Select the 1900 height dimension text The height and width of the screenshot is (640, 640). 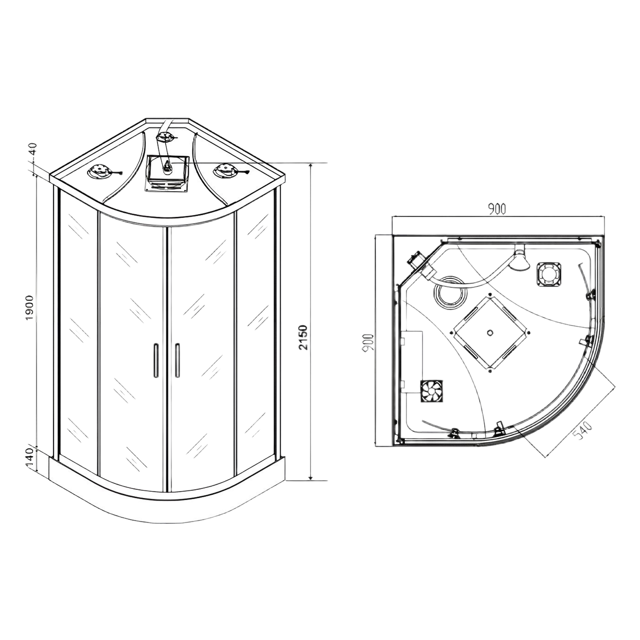[x=30, y=307]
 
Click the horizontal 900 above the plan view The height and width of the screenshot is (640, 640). [x=497, y=209]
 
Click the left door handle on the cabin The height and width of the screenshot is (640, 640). [x=156, y=360]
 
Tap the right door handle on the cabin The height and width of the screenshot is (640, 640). [x=178, y=360]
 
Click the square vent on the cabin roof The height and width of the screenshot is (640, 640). [x=167, y=173]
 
